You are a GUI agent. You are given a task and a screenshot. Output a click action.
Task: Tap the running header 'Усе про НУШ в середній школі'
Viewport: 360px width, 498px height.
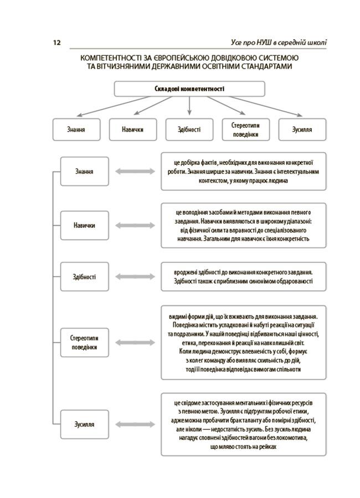(x=277, y=43)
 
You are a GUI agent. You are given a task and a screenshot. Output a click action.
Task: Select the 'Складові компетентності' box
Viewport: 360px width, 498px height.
(x=189, y=89)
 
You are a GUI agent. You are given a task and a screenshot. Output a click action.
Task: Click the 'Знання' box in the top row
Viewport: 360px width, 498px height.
(x=76, y=129)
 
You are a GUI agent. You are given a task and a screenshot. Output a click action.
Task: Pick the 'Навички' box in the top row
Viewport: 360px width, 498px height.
(x=133, y=129)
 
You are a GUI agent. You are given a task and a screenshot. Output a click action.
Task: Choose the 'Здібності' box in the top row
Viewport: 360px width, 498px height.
(x=189, y=129)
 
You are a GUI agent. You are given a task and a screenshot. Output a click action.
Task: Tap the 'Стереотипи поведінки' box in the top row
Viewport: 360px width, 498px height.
(x=245, y=129)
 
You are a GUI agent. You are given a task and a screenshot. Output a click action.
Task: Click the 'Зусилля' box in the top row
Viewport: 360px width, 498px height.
(x=302, y=129)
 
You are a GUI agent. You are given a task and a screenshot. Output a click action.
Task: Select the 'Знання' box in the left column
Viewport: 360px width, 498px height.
(x=84, y=172)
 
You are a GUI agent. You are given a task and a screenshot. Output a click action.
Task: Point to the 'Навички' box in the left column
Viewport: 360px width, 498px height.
(x=84, y=226)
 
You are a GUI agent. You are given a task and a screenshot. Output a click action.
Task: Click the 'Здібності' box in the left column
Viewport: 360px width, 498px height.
(x=84, y=276)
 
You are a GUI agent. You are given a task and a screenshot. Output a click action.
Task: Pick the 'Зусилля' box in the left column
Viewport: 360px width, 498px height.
(x=84, y=424)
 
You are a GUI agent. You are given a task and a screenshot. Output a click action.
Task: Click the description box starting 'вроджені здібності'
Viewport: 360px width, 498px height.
(x=244, y=276)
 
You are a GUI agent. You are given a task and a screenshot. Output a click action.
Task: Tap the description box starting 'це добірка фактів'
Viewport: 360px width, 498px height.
(x=244, y=172)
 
